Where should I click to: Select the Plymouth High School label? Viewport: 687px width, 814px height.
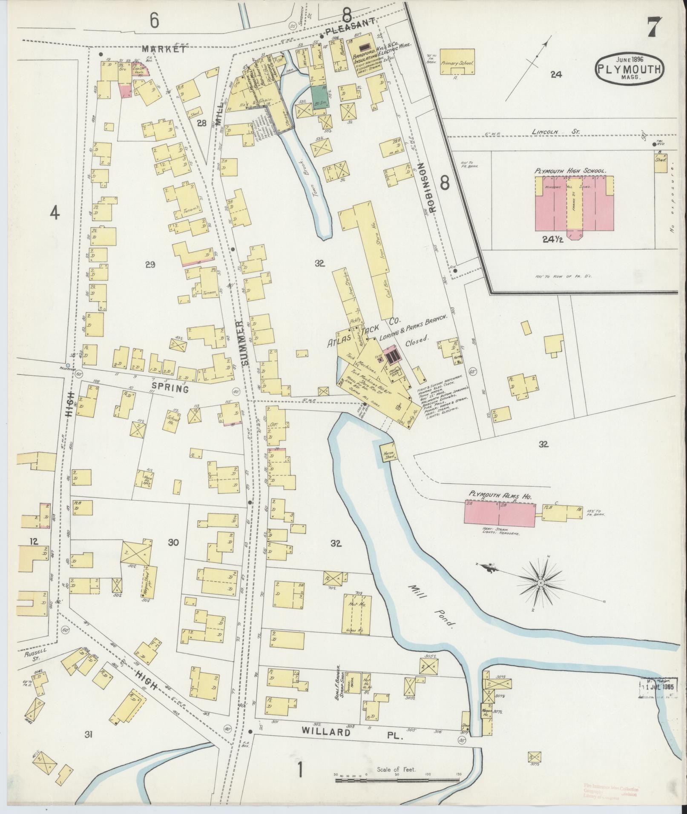[x=570, y=171]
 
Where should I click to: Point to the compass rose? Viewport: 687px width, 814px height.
[x=541, y=582]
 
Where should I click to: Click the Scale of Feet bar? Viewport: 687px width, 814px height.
[x=398, y=780]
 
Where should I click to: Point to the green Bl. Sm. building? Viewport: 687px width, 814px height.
[x=317, y=97]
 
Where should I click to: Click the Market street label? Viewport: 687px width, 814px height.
[x=164, y=49]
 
